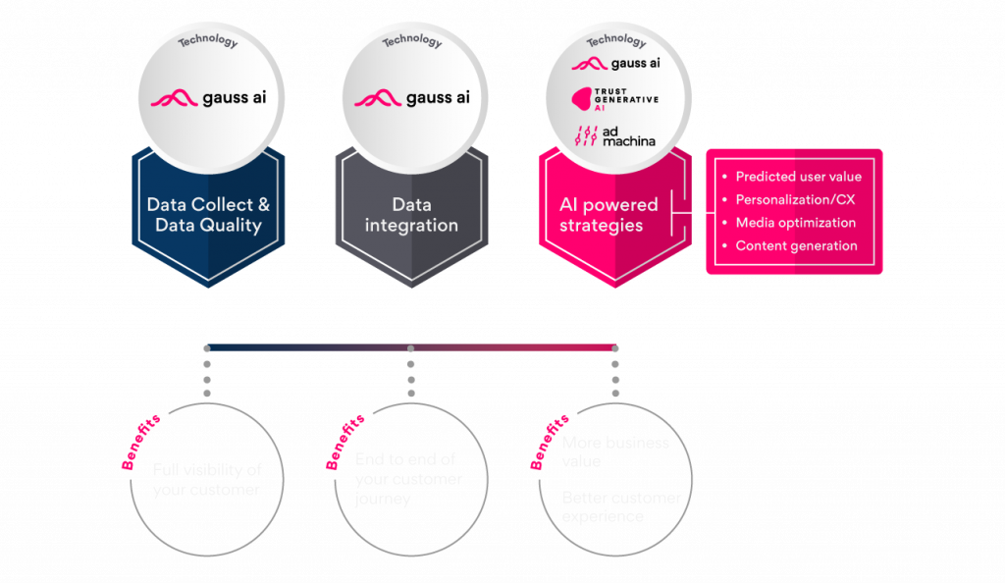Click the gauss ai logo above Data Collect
207,98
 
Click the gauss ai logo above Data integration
411,98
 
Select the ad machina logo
614,134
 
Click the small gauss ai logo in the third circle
614,64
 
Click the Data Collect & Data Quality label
207,215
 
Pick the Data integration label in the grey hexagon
411,215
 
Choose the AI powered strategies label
608,215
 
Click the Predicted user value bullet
797,177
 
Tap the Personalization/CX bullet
795,199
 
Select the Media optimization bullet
795,223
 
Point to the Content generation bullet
795,245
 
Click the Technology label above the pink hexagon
615,41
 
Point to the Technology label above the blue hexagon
207,41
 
